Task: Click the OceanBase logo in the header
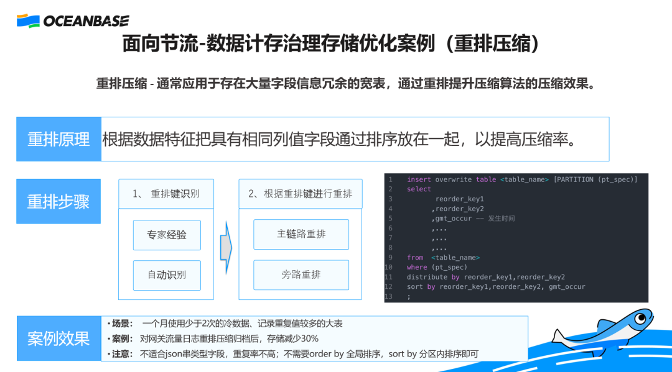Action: (73, 21)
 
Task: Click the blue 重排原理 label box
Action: (58, 139)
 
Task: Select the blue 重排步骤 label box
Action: (58, 201)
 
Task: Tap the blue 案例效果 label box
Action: (58, 338)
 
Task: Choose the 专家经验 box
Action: (167, 235)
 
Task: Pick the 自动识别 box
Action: (167, 275)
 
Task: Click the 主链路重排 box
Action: (301, 234)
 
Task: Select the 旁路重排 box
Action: (301, 274)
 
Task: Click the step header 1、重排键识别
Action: (166, 194)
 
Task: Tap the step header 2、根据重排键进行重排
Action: (300, 194)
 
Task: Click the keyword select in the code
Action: (419, 189)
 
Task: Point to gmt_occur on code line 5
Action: (453, 219)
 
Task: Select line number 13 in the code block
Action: (390, 296)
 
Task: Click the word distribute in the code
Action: (427, 277)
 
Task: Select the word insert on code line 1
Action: (419, 179)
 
